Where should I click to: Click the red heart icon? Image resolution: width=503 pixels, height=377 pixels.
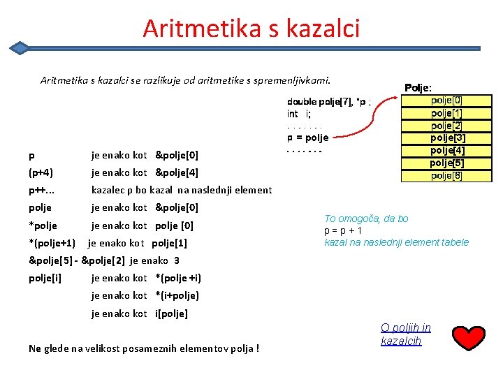pos(469,338)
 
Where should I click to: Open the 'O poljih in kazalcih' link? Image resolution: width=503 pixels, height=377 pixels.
pos(405,334)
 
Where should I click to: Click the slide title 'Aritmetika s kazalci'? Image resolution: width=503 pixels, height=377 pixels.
pos(251,29)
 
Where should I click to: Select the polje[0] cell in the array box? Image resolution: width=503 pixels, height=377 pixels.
pos(446,101)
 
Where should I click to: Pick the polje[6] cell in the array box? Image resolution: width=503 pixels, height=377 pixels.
pos(446,175)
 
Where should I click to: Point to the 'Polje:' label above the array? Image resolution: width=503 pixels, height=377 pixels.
pos(418,87)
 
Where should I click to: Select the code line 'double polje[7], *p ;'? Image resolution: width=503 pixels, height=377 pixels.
pos(329,102)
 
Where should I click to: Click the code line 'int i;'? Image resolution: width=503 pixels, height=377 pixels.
pos(299,114)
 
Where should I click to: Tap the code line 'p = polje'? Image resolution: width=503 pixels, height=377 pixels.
pos(307,138)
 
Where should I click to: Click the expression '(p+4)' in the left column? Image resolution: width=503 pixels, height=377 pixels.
pos(41,172)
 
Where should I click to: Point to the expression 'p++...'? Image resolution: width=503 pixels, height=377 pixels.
pos(42,190)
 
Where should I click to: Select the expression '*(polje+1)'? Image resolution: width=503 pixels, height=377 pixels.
pos(52,243)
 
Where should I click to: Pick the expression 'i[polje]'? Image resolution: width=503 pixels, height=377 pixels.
pos(171,313)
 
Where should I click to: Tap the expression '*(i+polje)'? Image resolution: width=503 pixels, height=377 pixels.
pos(177,295)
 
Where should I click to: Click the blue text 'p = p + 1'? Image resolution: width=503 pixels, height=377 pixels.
pos(343,230)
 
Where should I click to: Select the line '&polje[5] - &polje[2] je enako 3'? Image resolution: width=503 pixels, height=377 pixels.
pos(104,260)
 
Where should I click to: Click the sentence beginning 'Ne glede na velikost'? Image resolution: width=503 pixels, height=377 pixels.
pos(144,348)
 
